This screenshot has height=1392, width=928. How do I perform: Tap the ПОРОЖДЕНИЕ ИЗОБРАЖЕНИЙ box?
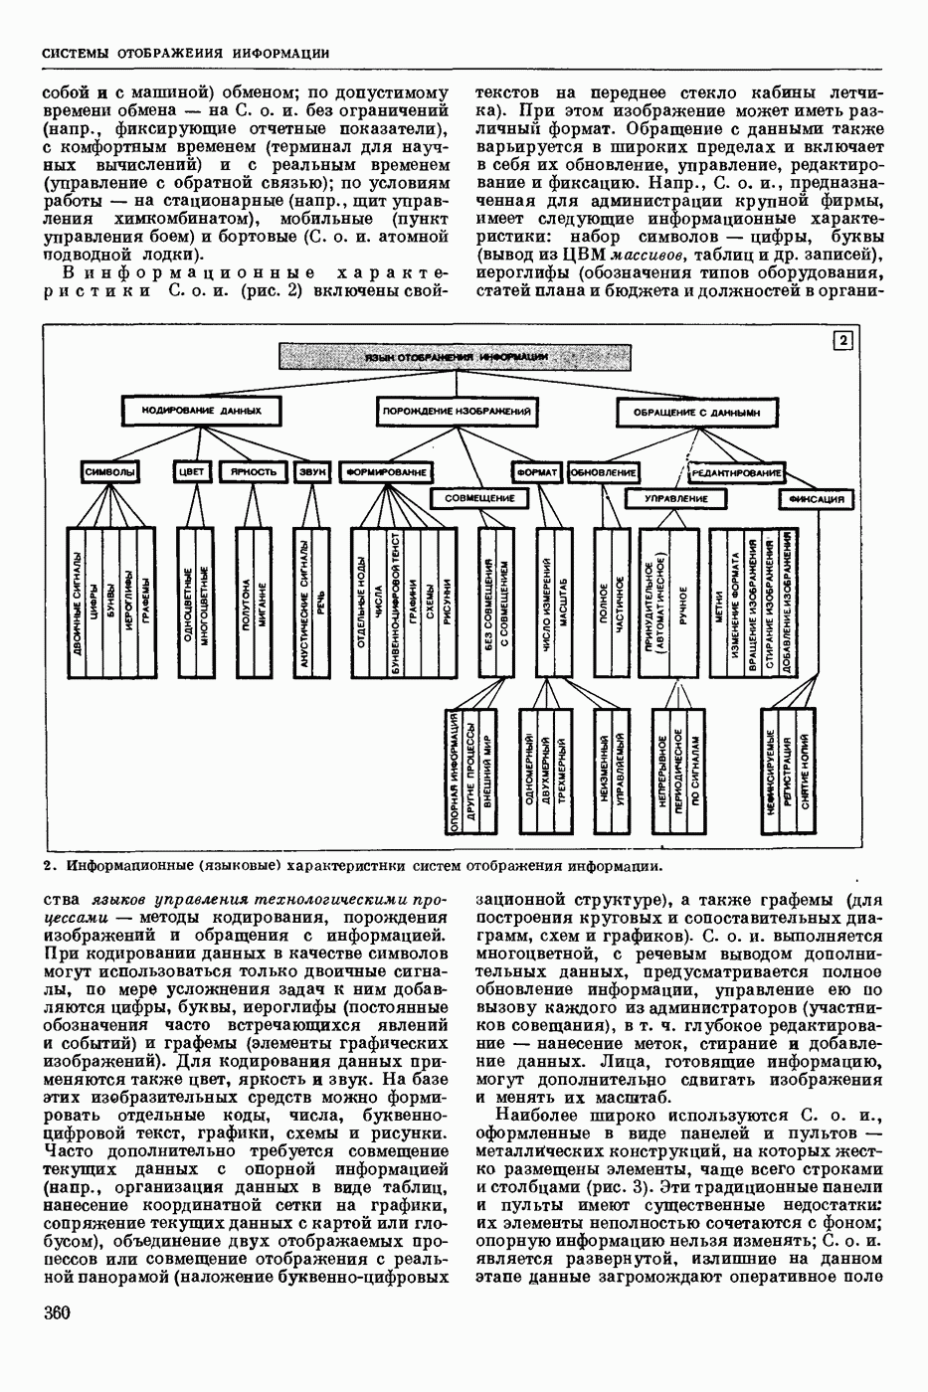click(456, 410)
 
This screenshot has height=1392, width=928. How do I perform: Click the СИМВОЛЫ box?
click(109, 471)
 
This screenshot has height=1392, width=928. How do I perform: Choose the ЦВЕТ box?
click(191, 471)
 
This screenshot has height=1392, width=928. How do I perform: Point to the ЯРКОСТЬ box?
click(253, 471)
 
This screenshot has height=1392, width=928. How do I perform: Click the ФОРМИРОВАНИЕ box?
click(386, 471)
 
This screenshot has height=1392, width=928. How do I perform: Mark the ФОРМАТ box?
click(538, 471)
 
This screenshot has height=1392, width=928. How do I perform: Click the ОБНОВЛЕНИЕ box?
click(603, 471)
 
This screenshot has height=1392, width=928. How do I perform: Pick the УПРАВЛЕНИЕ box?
click(675, 498)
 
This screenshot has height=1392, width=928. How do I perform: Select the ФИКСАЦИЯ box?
click(818, 498)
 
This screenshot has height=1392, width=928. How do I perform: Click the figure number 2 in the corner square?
click(842, 341)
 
